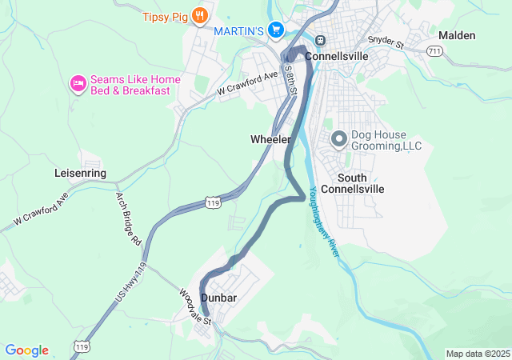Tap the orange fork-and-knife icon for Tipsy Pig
[200, 14]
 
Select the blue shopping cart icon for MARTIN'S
[276, 30]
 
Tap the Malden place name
[457, 35]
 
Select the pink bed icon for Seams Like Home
[78, 84]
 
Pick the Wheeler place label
[270, 139]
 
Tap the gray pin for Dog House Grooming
[338, 139]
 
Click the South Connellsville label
[361, 183]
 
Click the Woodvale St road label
[195, 307]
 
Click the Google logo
[27, 350]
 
